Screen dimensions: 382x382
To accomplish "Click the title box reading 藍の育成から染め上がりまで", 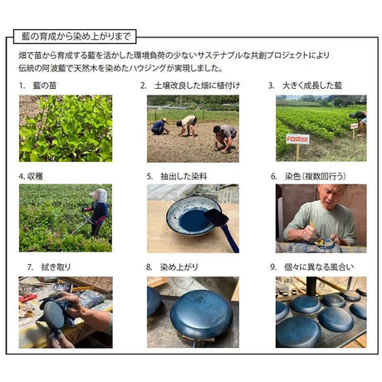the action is point(75,37).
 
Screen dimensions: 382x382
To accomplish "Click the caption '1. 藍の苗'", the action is point(38,86).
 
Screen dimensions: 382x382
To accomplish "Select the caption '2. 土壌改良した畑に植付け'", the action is point(190,86).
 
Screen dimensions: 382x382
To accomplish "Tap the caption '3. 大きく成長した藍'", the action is point(305,86).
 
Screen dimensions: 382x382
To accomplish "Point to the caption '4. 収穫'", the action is point(31,177).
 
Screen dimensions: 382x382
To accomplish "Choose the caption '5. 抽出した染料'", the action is point(177,177).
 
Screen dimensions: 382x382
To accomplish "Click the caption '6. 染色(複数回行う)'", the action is point(308,177).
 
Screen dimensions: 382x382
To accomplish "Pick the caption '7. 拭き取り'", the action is point(49,267).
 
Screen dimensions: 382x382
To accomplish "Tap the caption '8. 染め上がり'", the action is point(172,267).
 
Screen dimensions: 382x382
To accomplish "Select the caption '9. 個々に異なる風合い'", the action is point(312,267).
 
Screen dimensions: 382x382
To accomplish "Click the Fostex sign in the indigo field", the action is point(297,140).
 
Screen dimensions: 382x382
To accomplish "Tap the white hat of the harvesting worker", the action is point(100,195).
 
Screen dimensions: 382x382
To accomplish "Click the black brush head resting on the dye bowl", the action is point(217,217).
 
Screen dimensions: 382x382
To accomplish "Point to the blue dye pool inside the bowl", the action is point(194,221).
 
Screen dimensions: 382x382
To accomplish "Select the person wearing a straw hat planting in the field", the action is point(160,126).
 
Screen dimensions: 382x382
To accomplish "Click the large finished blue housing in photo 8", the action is point(202,315).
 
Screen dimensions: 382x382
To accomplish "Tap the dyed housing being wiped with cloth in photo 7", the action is point(53,315).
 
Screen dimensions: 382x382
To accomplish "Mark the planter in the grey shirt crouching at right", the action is point(225,139).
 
